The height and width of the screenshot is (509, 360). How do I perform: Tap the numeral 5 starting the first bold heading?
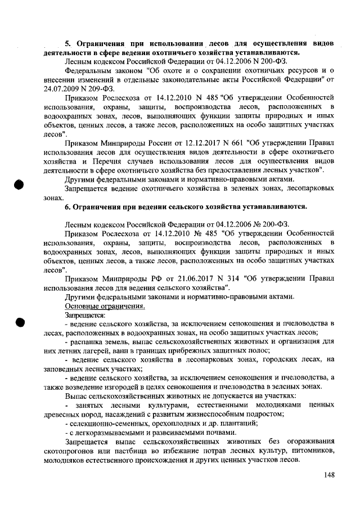pyautogui.click(x=66, y=43)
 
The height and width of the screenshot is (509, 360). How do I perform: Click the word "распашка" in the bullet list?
pyautogui.click(x=86, y=341)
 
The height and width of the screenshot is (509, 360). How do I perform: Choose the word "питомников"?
pyautogui.click(x=313, y=451)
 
